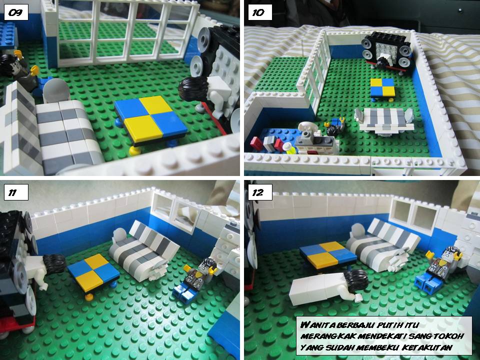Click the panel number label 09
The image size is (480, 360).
point(15,13)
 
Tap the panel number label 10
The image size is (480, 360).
point(258,13)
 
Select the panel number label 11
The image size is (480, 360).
point(15,192)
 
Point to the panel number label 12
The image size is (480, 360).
point(258,192)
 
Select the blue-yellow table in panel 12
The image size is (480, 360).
point(327,253)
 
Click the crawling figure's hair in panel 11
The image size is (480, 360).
point(52,262)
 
